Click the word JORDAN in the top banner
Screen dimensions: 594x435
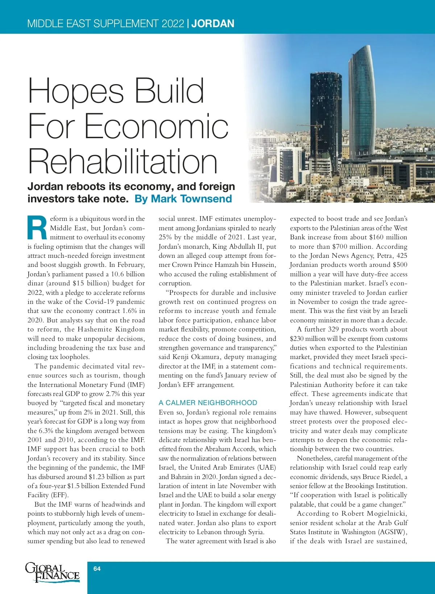[x=213, y=24]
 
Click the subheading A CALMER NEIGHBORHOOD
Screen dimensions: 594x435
[x=208, y=403]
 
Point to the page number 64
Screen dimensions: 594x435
[x=97, y=569]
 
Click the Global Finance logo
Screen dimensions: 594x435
[x=52, y=572]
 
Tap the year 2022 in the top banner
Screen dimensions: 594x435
[x=173, y=24]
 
